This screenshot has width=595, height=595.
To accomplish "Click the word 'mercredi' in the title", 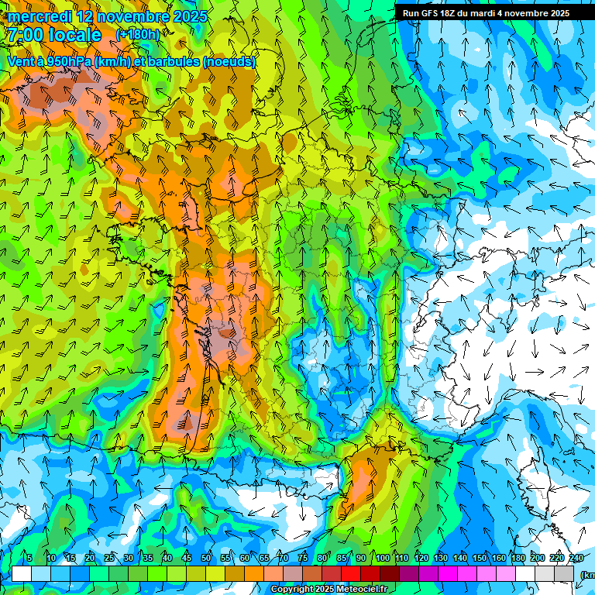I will [x=40, y=16].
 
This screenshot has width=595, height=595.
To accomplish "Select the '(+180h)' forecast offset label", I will [x=138, y=35].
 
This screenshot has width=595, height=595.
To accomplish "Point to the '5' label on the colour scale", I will [x=29, y=559].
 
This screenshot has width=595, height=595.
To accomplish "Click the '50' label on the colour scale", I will [x=206, y=559].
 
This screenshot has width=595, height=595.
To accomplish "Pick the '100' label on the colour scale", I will [x=382, y=559].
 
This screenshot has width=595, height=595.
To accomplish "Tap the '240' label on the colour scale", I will [x=576, y=559].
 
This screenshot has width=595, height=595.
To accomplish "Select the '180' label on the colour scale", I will [x=518, y=559].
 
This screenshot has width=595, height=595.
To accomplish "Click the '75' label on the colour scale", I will [x=303, y=559].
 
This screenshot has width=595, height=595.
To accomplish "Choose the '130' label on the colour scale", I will [x=440, y=559].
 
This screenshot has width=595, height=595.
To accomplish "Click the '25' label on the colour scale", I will [x=109, y=559].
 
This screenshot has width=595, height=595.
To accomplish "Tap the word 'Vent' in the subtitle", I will [x=21, y=61].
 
